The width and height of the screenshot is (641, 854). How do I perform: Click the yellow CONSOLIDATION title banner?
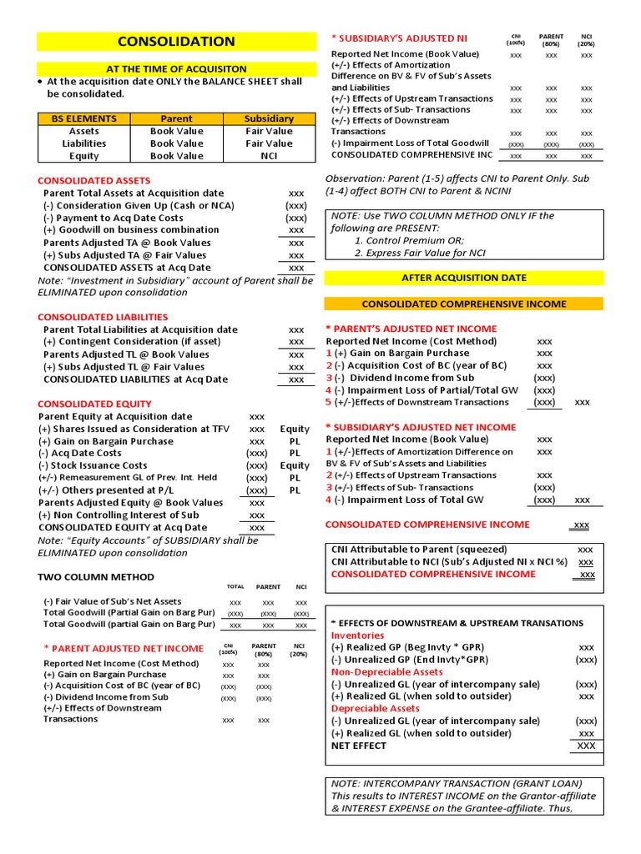(176, 41)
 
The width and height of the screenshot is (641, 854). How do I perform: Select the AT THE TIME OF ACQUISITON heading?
(176, 68)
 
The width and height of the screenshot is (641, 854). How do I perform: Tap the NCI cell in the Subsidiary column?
(269, 156)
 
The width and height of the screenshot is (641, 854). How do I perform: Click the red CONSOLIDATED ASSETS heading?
(93, 180)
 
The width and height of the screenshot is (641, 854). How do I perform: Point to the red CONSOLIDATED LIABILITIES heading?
(103, 317)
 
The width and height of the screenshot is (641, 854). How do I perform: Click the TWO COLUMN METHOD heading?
(96, 576)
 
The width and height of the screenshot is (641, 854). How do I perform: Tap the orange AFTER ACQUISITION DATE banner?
(463, 277)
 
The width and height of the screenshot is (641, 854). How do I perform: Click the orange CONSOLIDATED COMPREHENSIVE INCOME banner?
(463, 304)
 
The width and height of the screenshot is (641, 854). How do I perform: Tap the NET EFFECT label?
(360, 746)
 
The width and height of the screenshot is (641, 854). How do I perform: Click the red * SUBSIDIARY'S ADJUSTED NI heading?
(399, 38)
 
